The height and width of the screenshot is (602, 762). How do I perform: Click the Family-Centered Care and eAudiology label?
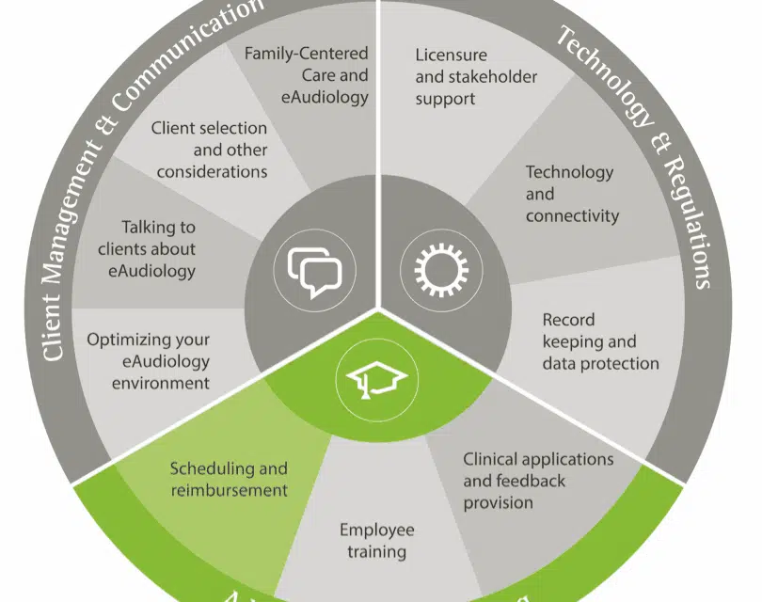(x=306, y=74)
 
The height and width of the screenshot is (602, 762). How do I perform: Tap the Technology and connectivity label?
(x=571, y=194)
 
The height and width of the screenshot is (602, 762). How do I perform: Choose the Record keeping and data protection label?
(x=600, y=341)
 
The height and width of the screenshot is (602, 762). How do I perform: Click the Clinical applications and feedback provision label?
(x=537, y=481)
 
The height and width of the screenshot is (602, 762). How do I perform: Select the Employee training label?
(x=377, y=541)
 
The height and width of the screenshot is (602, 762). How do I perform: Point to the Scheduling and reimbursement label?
(x=229, y=479)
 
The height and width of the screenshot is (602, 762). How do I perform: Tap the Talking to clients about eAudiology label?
(x=147, y=248)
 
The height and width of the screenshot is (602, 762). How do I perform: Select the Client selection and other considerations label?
(x=212, y=150)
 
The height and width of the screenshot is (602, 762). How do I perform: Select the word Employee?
(x=377, y=530)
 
